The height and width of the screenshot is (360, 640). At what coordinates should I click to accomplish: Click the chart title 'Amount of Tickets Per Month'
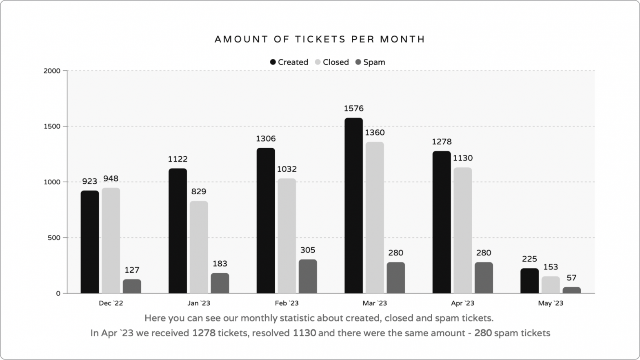tap(320, 39)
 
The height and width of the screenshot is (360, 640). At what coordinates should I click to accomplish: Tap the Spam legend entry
tap(370, 62)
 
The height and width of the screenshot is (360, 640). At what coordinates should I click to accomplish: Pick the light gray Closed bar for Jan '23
tap(199, 247)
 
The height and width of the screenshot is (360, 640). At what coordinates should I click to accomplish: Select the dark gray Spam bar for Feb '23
tap(308, 276)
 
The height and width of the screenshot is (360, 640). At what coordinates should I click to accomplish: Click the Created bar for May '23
tap(529, 281)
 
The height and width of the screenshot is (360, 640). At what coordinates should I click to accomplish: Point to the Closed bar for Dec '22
tap(111, 240)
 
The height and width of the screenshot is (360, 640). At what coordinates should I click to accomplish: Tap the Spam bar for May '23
tap(571, 290)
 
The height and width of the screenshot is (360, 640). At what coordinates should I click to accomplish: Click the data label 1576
tap(353, 109)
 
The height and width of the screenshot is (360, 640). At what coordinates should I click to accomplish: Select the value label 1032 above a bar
tap(287, 169)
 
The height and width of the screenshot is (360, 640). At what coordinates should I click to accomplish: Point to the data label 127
tap(132, 270)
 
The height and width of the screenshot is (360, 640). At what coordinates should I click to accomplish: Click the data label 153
tap(550, 267)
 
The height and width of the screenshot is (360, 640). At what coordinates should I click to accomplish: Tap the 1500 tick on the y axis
tap(52, 127)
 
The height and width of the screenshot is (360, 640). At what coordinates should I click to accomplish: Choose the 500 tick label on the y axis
tap(54, 238)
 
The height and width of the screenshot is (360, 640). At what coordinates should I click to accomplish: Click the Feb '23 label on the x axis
tap(287, 303)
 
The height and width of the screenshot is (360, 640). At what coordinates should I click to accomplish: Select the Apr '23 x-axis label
tap(462, 303)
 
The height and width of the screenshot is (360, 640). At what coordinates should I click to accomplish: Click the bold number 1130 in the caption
tap(304, 333)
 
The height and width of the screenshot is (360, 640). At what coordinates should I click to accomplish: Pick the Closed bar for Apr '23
tap(462, 230)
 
